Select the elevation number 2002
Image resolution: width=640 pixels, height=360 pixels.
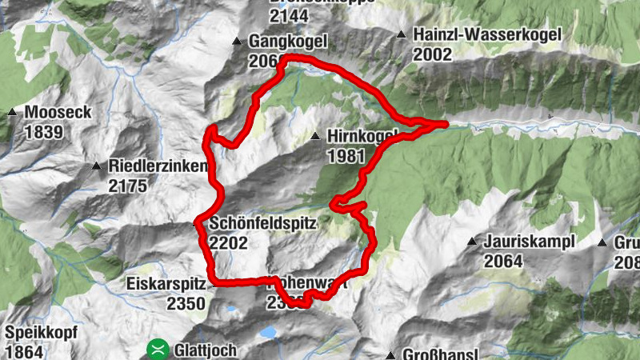(433, 54)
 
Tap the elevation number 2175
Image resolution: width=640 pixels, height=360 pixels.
(128, 186)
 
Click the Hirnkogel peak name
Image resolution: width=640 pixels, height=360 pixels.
(362, 137)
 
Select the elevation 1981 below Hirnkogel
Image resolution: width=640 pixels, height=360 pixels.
(346, 156)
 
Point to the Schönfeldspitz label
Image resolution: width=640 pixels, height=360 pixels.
(263, 225)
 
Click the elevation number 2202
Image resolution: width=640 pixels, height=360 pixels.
(229, 243)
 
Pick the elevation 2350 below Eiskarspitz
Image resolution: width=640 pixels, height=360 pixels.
(186, 302)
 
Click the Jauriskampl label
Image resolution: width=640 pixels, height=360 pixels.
(525, 241)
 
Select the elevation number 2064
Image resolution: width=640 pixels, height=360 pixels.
(503, 260)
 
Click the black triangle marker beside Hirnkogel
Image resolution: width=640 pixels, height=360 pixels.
(317, 136)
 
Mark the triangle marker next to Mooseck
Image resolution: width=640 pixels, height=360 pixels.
(12, 113)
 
